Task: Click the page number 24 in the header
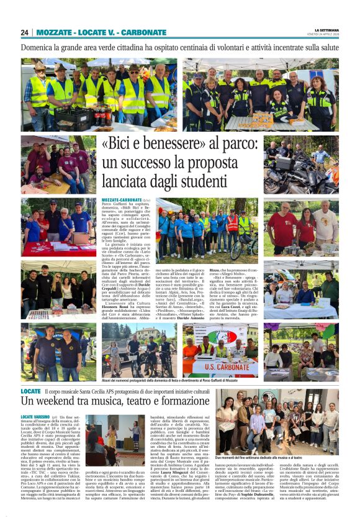coord(24,32)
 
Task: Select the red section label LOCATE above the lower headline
coord(30,391)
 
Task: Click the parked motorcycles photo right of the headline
coord(300,171)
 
